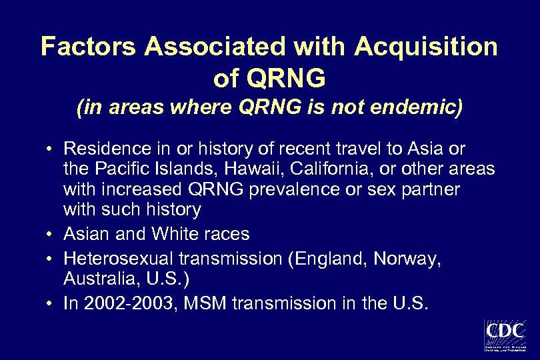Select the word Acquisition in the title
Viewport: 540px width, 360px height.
point(426,47)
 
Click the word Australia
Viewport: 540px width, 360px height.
point(93,279)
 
